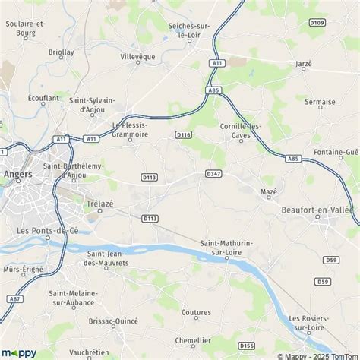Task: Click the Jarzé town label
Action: point(303,65)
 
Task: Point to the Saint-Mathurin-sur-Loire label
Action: point(223,248)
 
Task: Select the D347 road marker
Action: point(213,174)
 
